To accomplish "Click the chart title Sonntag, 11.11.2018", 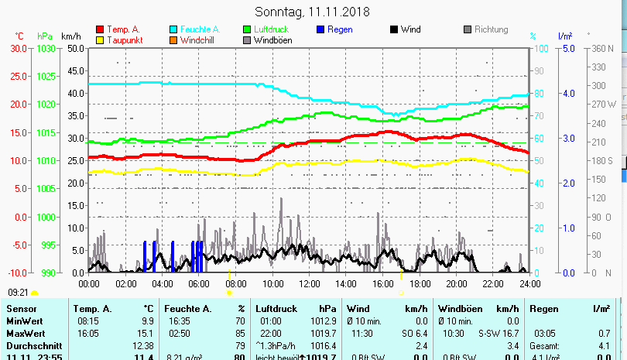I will coord(312,12).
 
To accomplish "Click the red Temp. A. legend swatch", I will coord(100,30).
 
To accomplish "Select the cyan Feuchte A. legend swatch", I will coord(173,30).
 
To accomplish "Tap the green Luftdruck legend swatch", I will coord(247,30).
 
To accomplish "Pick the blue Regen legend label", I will coord(341,29).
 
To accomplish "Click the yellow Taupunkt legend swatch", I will coord(100,40).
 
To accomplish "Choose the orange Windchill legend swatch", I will coord(173,40).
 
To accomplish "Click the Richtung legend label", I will coord(492,29).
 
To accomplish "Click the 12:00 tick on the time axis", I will coord(309,283).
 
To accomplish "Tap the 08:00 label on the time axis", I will coord(236,283).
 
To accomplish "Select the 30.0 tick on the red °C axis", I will coord(18,48).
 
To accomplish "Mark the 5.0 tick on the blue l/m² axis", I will coord(567,48).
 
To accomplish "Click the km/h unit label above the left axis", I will coord(70,36).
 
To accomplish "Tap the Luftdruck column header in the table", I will coord(276,309).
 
